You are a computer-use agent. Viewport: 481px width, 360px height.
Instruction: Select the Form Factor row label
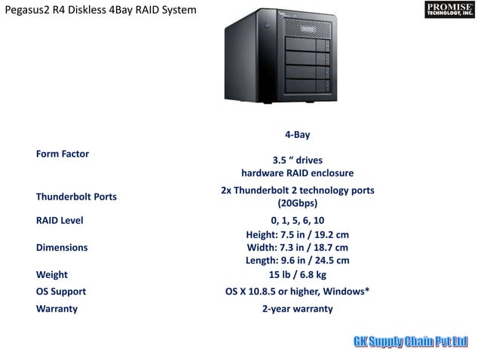pos(63,154)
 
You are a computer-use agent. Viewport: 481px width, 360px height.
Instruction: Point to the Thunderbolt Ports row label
pos(76,197)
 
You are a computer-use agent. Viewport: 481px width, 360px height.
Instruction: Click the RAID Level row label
pos(60,221)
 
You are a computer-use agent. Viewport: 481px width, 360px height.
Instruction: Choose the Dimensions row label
pos(62,247)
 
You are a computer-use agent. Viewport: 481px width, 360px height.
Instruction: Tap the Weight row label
pos(52,275)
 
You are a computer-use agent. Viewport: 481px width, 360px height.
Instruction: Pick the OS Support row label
pos(61,291)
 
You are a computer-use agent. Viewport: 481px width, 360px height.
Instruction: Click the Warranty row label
pos(57,309)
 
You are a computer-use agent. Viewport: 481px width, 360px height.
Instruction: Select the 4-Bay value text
pos(297,135)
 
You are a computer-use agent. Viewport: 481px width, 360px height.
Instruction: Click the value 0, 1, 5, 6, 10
pos(297,221)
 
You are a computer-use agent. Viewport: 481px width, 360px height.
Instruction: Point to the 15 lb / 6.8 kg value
pos(297,275)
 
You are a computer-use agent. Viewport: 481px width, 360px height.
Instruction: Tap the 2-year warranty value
pos(297,309)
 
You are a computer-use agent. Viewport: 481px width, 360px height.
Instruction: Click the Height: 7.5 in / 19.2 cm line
pos(297,234)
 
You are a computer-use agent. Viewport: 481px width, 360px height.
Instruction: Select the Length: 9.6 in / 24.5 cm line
pos(297,261)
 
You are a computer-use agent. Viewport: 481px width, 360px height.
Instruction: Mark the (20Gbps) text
pos(297,203)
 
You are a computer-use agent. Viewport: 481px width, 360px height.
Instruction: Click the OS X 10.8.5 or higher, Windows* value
pos(297,291)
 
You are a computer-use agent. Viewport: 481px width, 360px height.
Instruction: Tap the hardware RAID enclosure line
pos(297,172)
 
